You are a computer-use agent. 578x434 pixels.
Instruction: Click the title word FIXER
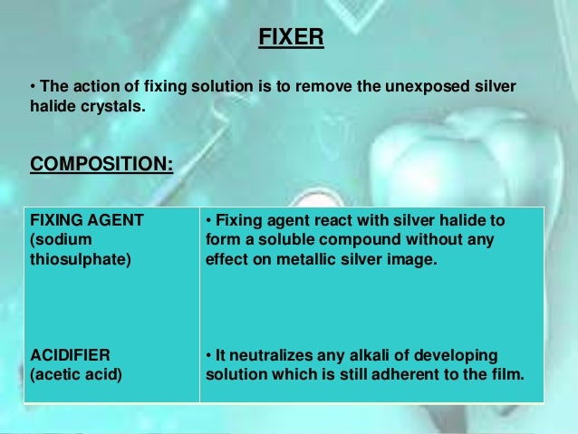(291, 39)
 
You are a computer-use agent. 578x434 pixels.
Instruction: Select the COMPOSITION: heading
(101, 165)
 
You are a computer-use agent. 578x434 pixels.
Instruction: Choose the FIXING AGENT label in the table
(87, 220)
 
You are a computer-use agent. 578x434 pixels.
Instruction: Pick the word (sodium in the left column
(59, 240)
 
